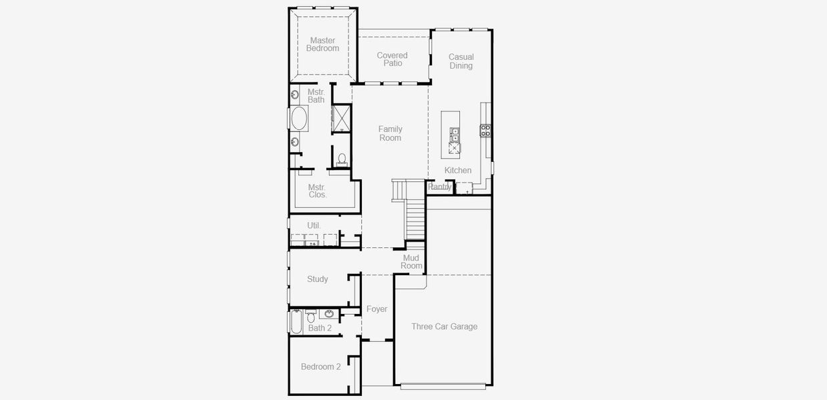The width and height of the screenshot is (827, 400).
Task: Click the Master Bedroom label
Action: (x=322, y=45)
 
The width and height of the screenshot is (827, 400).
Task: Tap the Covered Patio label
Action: (x=392, y=59)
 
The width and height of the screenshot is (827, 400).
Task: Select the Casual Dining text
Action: (x=461, y=61)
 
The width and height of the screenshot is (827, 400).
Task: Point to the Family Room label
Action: (x=390, y=133)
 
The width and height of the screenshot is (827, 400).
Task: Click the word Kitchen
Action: (x=458, y=171)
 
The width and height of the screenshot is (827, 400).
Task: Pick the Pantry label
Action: (x=440, y=187)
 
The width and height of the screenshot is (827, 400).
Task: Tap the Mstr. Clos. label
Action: (x=317, y=191)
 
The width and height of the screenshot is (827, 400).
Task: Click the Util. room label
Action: (x=314, y=225)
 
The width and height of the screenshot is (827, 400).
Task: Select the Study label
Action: (x=318, y=279)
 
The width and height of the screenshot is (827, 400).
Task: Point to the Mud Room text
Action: (x=411, y=262)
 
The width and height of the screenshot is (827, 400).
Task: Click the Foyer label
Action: (x=377, y=309)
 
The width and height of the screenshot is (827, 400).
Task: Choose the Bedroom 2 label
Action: (x=320, y=367)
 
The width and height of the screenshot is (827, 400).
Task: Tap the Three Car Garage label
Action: (x=445, y=327)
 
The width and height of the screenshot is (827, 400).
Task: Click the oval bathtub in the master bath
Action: (x=299, y=119)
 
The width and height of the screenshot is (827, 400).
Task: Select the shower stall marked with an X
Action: (x=342, y=117)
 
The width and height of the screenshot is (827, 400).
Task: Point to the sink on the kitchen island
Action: (x=455, y=135)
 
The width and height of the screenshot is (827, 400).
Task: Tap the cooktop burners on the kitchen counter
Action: (x=486, y=130)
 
